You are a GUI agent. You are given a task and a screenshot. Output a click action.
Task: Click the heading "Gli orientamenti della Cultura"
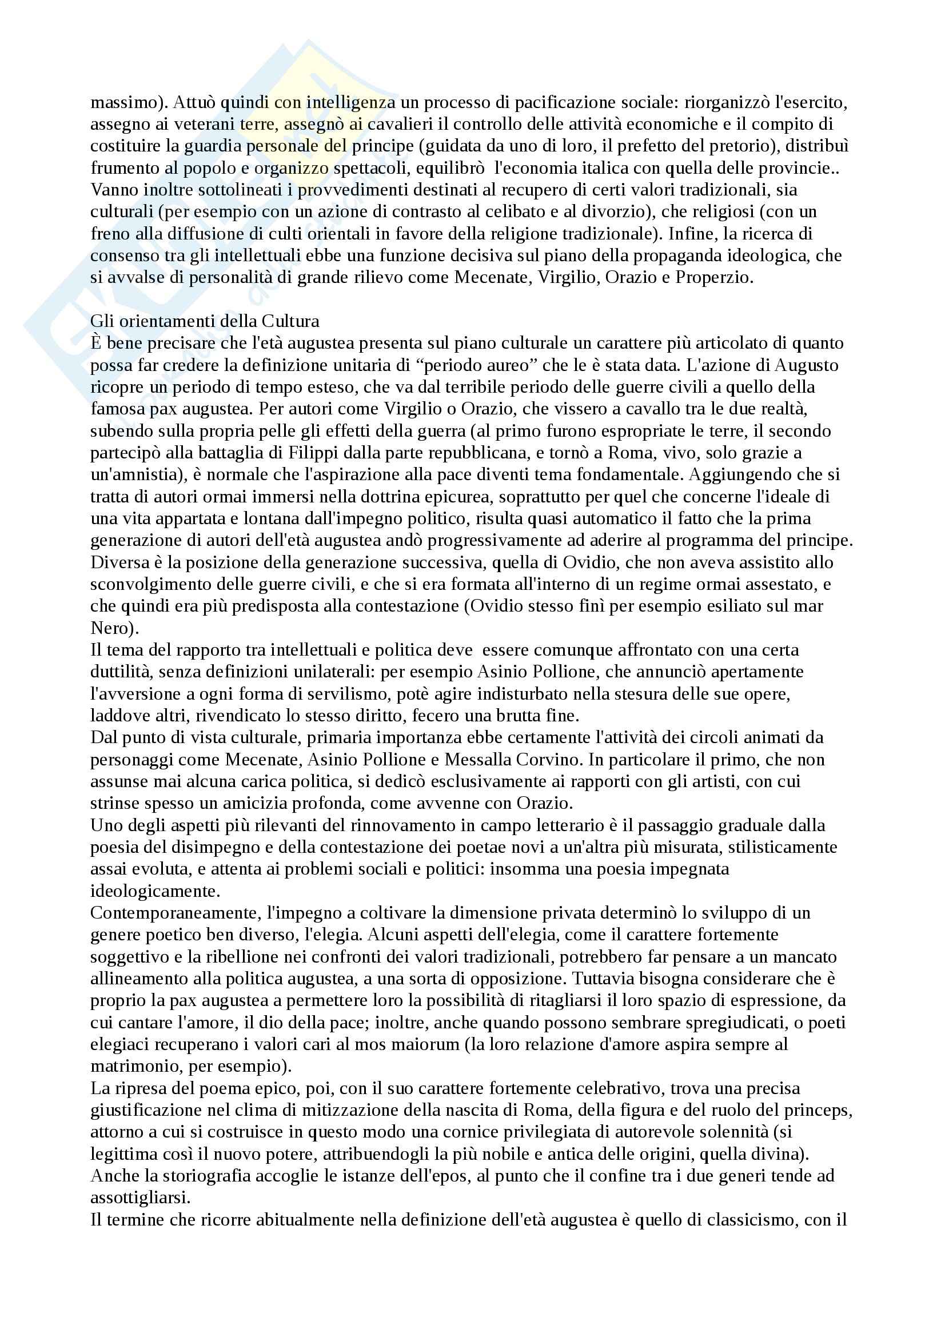pyautogui.click(x=205, y=321)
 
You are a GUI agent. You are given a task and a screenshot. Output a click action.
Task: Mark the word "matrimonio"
pyautogui.click(x=140, y=1066)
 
